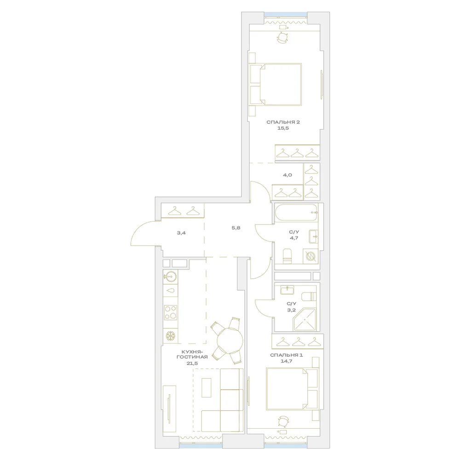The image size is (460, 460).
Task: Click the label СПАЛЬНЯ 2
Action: [283, 122]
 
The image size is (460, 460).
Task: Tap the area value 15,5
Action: [283, 128]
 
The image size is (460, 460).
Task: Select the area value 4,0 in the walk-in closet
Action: [287, 175]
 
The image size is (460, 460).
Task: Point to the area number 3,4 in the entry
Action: [181, 233]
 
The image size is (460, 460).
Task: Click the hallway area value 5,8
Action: [236, 228]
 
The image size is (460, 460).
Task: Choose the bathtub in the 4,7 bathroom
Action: [296, 213]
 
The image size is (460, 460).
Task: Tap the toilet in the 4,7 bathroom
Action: [287, 256]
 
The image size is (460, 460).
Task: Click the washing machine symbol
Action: [310, 256]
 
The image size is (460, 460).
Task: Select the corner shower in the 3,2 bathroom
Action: [305, 320]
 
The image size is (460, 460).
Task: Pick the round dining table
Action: [230, 340]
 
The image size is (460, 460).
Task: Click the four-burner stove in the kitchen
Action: [171, 312]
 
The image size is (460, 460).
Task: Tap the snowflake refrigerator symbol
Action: [171, 336]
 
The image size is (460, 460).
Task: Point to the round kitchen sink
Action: [171, 276]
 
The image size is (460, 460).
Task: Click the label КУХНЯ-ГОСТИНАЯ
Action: [192, 354]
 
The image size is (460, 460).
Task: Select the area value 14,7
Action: [286, 361]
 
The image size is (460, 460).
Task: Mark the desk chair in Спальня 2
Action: [283, 38]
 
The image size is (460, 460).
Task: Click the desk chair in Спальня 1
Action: [283, 421]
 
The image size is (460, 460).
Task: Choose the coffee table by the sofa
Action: [207, 387]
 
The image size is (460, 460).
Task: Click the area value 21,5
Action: [192, 363]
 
